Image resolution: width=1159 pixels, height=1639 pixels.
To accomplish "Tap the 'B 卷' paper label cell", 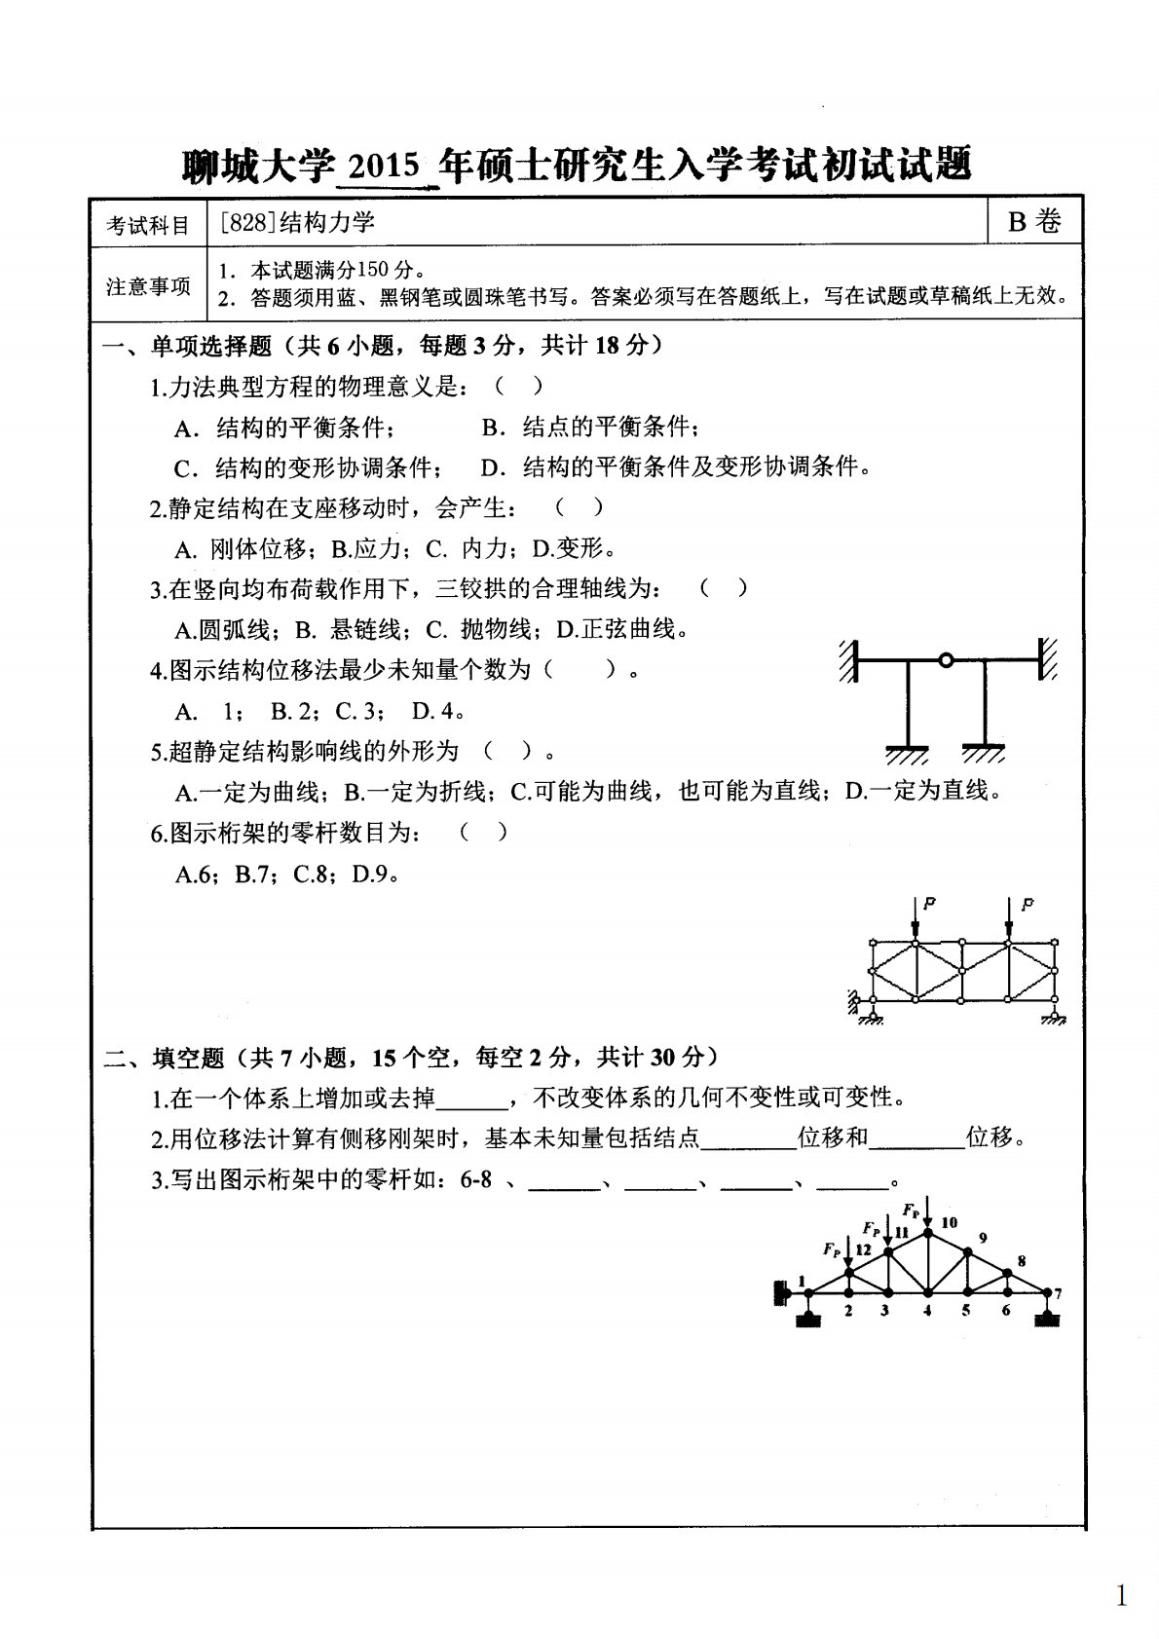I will [1033, 222].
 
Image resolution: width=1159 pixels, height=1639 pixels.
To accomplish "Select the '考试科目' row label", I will [148, 226].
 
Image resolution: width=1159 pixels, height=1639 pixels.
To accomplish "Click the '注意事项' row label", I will [148, 286].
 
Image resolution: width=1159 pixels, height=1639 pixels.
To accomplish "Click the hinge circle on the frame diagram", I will [945, 660].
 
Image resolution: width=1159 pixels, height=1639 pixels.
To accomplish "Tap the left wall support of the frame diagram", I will [848, 660].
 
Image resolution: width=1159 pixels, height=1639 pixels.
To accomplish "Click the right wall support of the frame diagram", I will [1049, 659].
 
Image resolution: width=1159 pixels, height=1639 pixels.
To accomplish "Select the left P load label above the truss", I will [929, 904].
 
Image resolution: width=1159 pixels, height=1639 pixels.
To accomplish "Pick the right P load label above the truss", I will [1027, 904].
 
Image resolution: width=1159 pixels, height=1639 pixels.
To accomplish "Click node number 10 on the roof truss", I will [950, 1222].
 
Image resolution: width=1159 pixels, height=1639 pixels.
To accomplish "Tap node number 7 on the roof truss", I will [1058, 1294].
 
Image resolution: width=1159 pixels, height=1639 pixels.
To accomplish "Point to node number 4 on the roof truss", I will [927, 1311].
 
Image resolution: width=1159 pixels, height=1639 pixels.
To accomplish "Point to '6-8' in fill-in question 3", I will [474, 1181].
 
